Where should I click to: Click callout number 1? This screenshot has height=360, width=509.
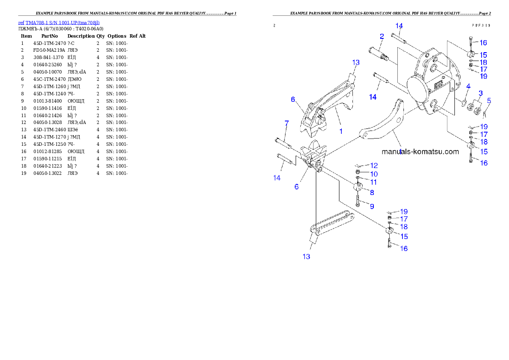click(x=341, y=131)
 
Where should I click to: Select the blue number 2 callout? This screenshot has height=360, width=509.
click(x=382, y=36)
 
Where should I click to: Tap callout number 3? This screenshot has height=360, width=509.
click(x=480, y=93)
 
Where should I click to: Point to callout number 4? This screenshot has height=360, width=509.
click(x=468, y=86)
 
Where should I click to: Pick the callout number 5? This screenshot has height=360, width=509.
click(x=489, y=101)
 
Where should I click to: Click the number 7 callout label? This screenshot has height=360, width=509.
click(x=287, y=123)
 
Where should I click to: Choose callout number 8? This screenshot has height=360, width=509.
click(x=372, y=192)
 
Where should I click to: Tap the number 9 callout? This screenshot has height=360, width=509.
click(x=372, y=206)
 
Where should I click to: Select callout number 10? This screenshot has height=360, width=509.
click(x=374, y=174)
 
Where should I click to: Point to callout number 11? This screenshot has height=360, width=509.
click(x=373, y=182)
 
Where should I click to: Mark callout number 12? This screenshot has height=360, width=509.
click(x=374, y=165)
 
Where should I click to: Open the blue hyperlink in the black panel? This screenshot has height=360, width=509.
click(x=59, y=23)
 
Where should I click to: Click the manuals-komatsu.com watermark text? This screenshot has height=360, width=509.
click(x=420, y=151)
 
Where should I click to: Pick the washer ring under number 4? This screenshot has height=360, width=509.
click(x=464, y=103)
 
